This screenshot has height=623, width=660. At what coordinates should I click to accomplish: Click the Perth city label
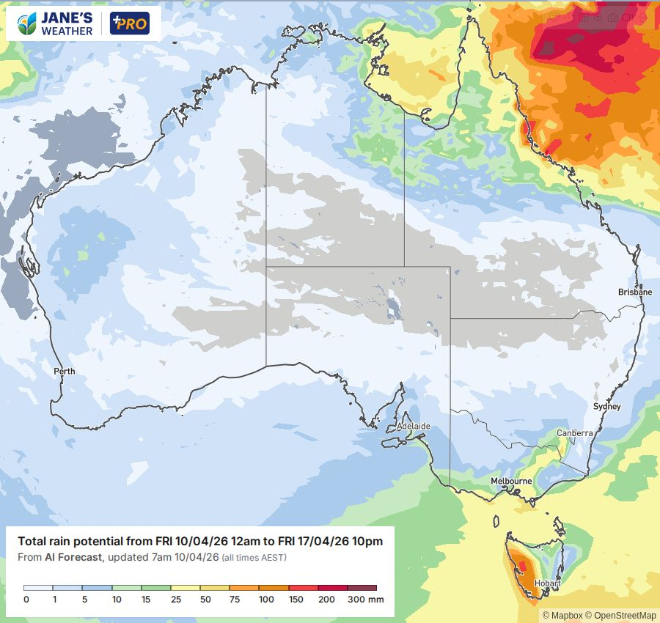pos(65,372)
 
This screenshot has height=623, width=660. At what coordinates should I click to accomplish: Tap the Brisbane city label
pos(634,292)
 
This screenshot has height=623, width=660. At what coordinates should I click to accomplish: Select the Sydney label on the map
pos(607,406)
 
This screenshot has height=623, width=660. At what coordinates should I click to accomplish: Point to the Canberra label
pos(574,433)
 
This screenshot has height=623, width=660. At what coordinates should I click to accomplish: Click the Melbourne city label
pos(511,481)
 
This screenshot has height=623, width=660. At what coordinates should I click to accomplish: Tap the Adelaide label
pos(413,426)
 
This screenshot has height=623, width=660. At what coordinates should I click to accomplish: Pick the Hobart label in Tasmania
pos(547,583)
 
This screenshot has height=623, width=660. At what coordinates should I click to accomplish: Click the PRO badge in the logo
pos(130,24)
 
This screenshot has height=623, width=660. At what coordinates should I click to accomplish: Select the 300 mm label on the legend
pos(364,600)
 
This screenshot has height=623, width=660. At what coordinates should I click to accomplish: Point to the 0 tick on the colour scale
pos(26,600)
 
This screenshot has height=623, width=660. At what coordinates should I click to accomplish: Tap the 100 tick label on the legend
pos(266,600)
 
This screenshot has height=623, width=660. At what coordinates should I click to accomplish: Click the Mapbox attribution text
pos(563,616)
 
